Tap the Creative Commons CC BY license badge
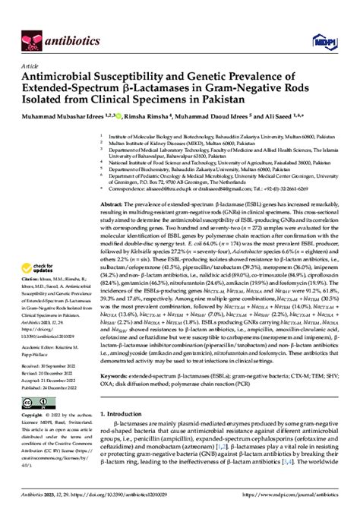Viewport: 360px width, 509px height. [35, 402]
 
